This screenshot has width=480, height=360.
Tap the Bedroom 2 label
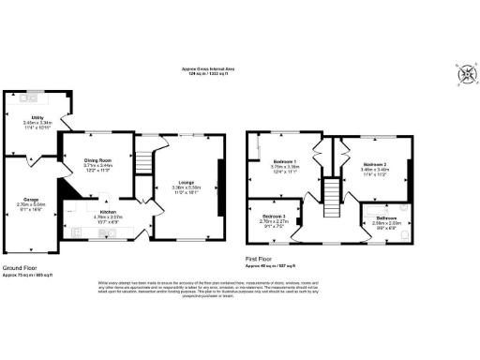click(x=374, y=164)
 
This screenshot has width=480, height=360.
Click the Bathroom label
click(x=386, y=219)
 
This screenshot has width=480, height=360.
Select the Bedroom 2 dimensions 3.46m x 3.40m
click(x=374, y=170)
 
